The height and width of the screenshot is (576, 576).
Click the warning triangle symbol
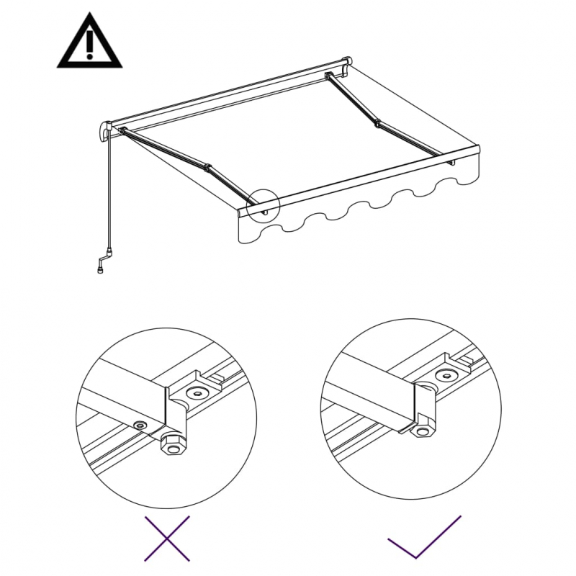(x=89, y=45)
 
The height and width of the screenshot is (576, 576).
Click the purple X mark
(x=167, y=538)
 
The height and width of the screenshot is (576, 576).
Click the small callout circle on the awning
(x=262, y=203)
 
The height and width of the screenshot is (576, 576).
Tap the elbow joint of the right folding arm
(x=377, y=123)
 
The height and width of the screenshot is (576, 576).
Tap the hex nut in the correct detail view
(x=422, y=430)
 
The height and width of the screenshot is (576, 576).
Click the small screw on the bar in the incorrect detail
(x=139, y=425)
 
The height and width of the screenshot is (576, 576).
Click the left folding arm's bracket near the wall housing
(x=124, y=132)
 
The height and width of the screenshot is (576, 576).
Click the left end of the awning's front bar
(x=242, y=210)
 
